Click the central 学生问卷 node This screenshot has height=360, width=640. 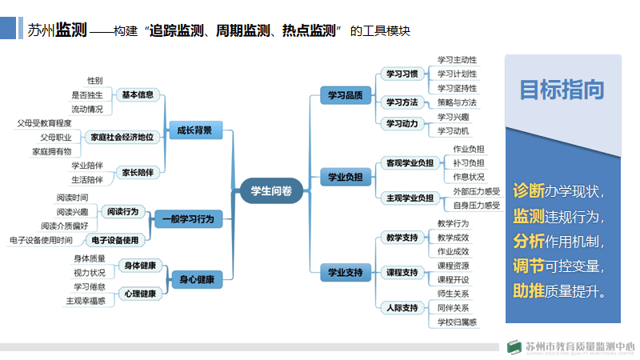point(271,190)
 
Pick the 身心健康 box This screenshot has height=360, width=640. point(195,279)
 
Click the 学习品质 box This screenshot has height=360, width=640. point(345,95)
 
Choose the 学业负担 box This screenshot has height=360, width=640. point(345,176)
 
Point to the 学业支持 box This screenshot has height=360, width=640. point(345,273)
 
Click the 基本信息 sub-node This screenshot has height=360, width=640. point(138,94)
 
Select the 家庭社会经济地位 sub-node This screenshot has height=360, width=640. point(122,137)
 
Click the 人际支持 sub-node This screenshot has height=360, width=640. point(402,307)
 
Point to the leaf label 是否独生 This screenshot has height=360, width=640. point(87,94)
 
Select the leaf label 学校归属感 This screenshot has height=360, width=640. point(457,322)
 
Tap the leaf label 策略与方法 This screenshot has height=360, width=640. point(457,102)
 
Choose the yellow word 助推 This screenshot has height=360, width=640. point(528,290)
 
